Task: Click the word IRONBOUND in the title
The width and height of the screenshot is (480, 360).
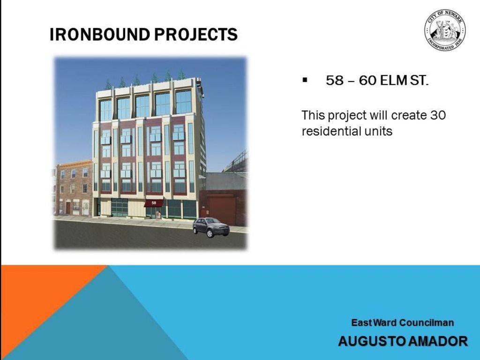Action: point(100,34)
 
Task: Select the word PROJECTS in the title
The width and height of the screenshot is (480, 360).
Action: point(196,34)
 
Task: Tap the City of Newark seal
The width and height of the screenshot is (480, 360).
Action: point(445,30)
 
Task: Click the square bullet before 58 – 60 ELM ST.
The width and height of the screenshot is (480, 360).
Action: point(305,81)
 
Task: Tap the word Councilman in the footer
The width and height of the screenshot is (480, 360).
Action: point(427,322)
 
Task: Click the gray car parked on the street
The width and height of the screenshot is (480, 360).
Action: point(211,227)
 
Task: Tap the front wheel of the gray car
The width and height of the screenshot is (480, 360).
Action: point(210,233)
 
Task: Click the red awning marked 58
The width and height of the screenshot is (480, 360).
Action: point(154,203)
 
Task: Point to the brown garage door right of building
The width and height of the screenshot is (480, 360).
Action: point(223,211)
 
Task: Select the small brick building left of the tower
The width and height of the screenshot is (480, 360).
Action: point(74,189)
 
